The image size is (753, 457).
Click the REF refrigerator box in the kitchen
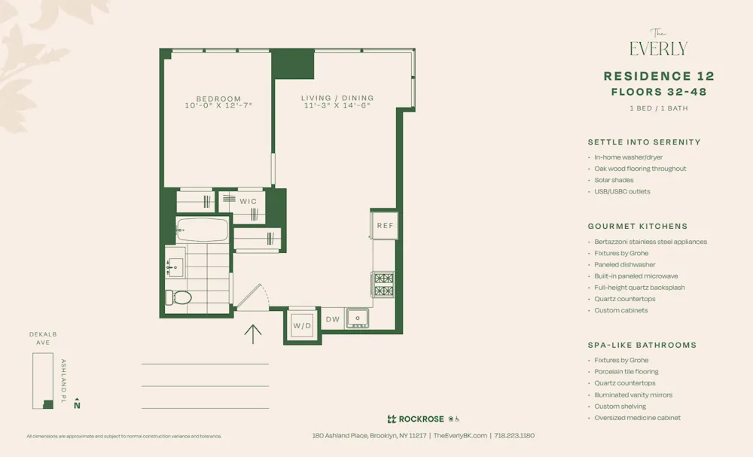[x=385, y=225]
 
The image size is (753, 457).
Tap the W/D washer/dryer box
[x=302, y=325]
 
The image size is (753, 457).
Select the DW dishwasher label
[x=333, y=319]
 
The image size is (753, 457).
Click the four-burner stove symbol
[x=383, y=285]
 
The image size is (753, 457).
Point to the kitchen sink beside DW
[x=358, y=318]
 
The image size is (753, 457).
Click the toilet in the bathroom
[x=179, y=297]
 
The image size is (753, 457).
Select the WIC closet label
[x=248, y=202]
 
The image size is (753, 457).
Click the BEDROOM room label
[x=218, y=99]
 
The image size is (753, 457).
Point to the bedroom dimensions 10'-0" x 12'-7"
[x=218, y=106]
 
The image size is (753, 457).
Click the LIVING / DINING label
[x=337, y=98]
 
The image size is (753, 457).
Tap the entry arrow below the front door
[x=253, y=334]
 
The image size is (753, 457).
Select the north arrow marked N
[x=77, y=404]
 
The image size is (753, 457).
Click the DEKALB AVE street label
[x=44, y=338]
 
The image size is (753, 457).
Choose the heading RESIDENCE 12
[x=659, y=76]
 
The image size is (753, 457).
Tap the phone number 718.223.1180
[x=514, y=435]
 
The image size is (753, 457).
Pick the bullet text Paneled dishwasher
[x=624, y=265]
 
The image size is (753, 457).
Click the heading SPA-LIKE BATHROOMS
[x=642, y=345]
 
